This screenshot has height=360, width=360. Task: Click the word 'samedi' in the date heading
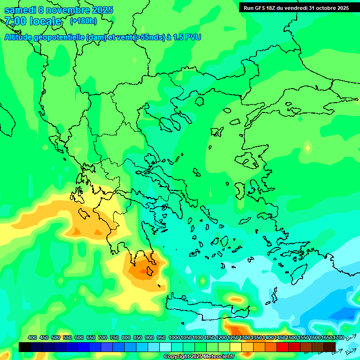click(x=20, y=10)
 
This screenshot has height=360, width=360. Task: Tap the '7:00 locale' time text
click(x=33, y=21)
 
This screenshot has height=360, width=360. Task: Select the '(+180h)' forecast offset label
click(x=83, y=21)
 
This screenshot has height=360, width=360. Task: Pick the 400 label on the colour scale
click(x=32, y=338)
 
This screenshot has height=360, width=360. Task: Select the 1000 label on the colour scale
click(x=174, y=338)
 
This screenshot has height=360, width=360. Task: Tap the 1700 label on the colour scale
click(x=338, y=338)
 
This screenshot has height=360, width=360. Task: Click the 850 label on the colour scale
click(x=138, y=338)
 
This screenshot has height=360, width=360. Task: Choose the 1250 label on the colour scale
click(x=233, y=338)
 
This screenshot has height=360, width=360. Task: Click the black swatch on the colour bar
click(x=25, y=347)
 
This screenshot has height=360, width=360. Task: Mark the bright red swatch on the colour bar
click(x=283, y=347)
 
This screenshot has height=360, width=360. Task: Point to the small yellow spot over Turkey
click(x=307, y=148)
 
